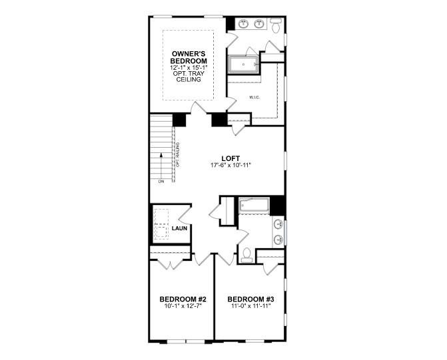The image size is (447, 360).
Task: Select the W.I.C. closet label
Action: point(254,98)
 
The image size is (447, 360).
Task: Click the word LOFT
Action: point(222,158)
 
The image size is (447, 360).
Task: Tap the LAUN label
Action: point(179,228)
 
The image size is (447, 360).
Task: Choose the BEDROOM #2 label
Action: point(183,299)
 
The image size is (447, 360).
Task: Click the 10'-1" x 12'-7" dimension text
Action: point(183,306)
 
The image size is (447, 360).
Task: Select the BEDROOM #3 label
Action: point(251,299)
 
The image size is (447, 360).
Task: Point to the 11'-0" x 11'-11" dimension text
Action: point(251,306)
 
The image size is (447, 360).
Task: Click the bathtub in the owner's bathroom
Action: point(244,65)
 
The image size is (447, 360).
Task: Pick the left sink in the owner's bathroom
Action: point(243,25)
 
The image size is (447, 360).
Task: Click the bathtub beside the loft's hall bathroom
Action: point(253,206)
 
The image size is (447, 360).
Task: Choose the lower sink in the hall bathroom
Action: point(278,238)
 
